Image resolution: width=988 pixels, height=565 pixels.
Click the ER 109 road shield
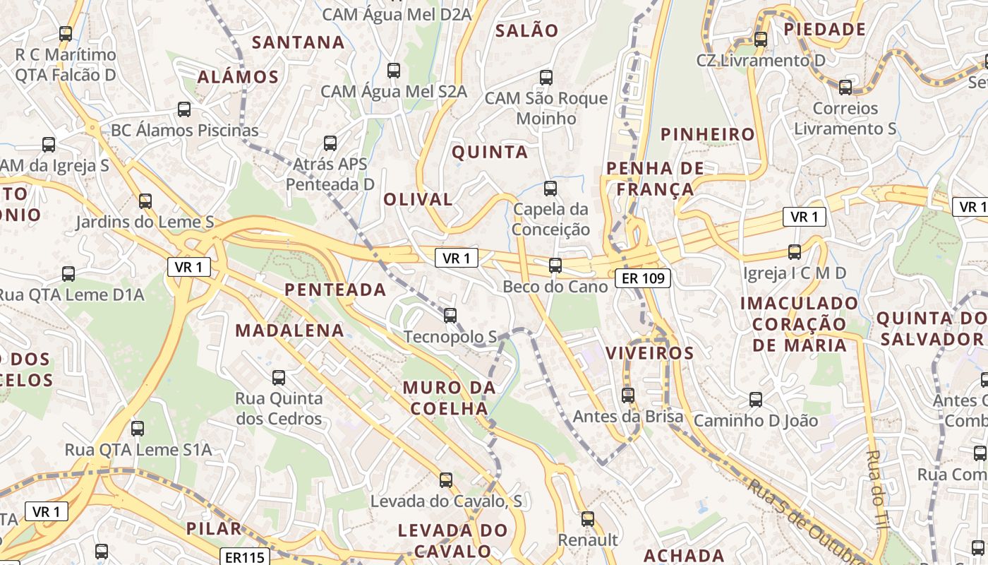[641, 278]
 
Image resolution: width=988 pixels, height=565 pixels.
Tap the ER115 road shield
[245, 557]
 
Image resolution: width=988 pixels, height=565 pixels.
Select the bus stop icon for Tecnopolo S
[450, 315]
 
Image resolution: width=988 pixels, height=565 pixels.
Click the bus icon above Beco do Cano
[555, 266]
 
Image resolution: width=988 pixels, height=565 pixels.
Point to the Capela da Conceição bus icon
[550, 189]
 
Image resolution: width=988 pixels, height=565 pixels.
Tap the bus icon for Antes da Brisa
[628, 395]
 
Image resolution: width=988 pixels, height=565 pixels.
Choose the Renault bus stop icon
[588, 519]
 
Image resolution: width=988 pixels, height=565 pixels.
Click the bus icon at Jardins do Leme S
[145, 201]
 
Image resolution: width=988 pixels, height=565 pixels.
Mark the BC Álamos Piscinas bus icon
[184, 109]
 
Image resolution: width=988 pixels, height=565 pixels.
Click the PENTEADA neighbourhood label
[335, 290]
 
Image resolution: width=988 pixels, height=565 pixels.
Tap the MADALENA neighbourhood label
[289, 331]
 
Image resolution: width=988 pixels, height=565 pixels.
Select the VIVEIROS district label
[650, 353]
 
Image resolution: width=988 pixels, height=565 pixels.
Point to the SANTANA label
[299, 42]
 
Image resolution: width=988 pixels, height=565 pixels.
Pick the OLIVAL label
[418, 200]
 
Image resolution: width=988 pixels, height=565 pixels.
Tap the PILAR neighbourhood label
[213, 528]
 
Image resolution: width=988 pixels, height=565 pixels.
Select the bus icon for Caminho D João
[756, 400]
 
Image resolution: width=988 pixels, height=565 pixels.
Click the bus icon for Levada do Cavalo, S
[446, 480]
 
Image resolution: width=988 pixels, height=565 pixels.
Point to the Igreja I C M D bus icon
[795, 252]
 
